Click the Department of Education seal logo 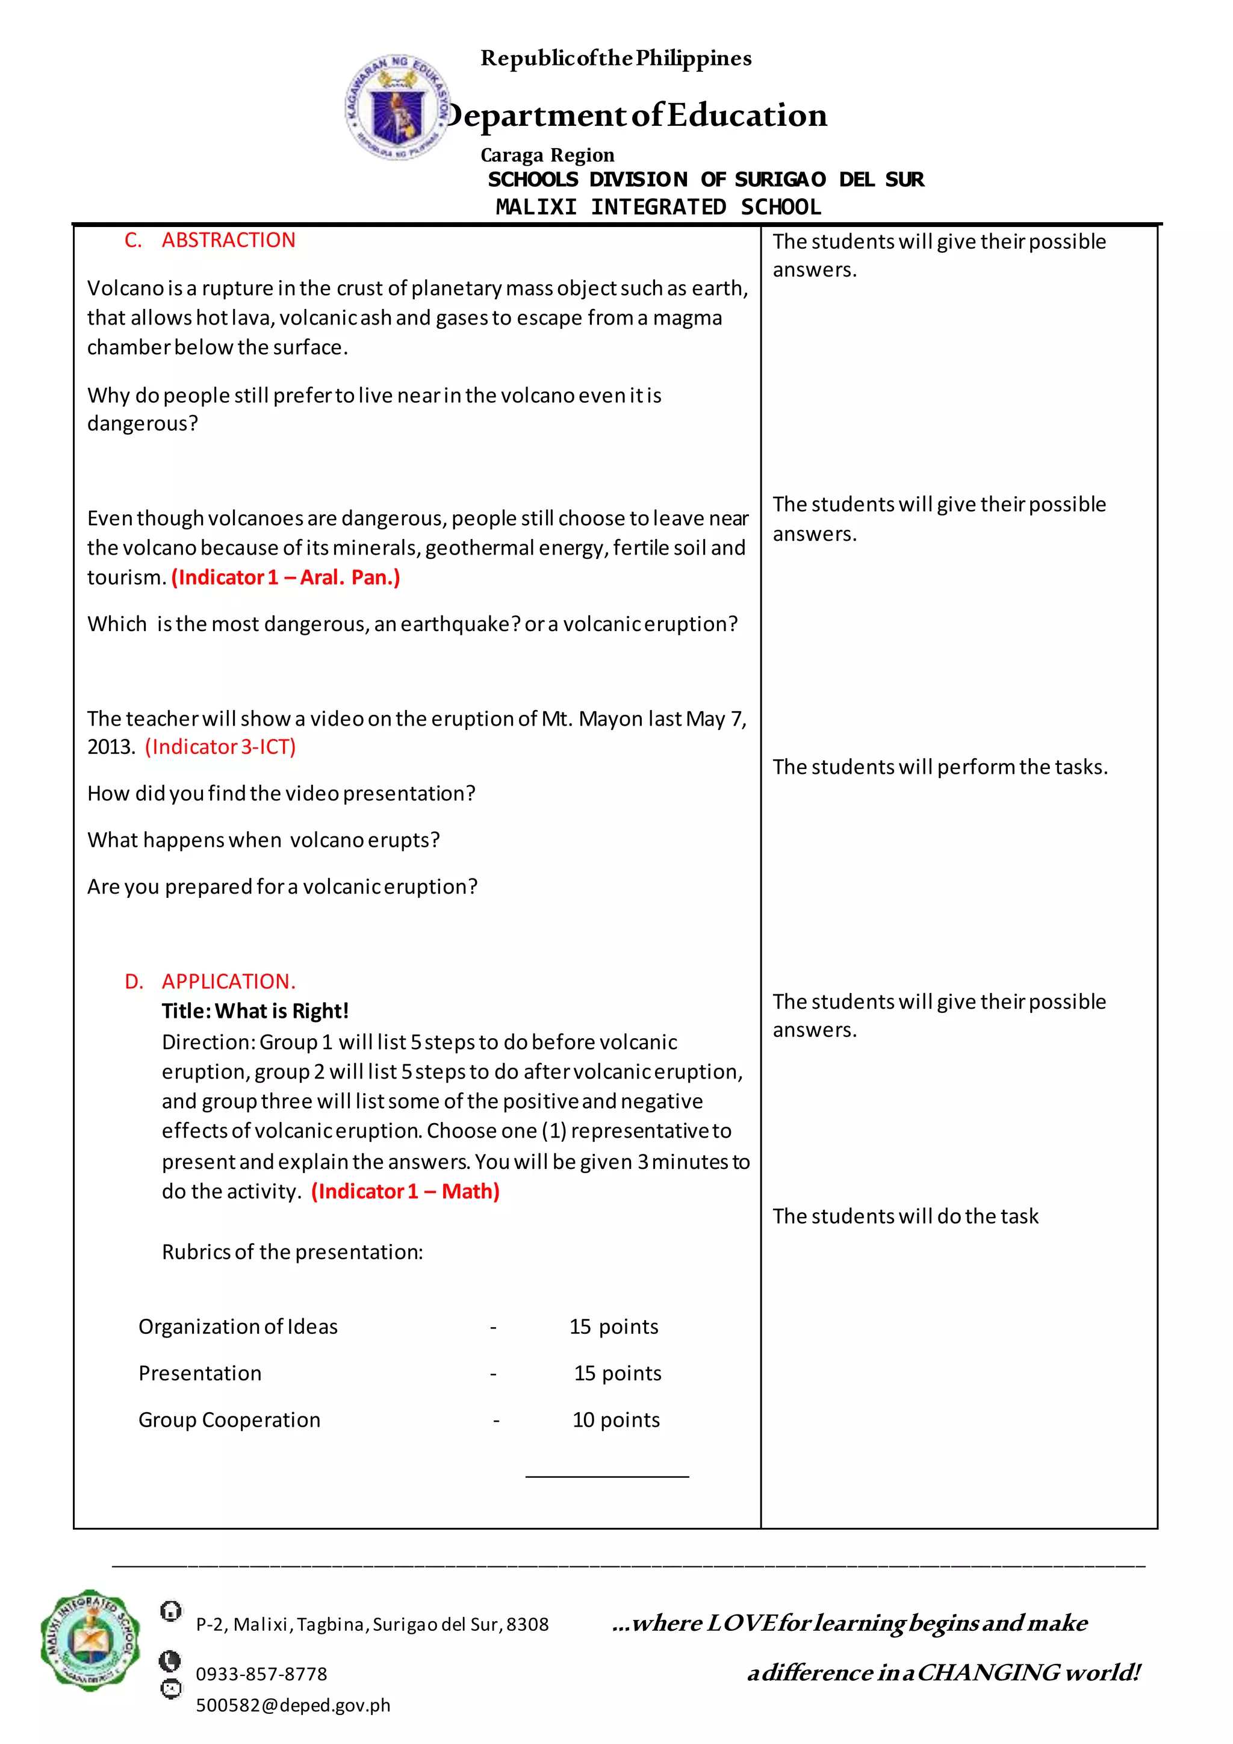396,107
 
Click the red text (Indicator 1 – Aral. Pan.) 285,578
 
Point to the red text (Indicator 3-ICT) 220,747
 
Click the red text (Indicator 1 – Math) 405,1191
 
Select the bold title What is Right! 255,1011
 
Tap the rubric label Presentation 200,1373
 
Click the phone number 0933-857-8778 261,1674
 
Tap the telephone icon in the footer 170,1661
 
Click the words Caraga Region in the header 547,155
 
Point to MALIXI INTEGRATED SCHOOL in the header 658,207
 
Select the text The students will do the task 905,1216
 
